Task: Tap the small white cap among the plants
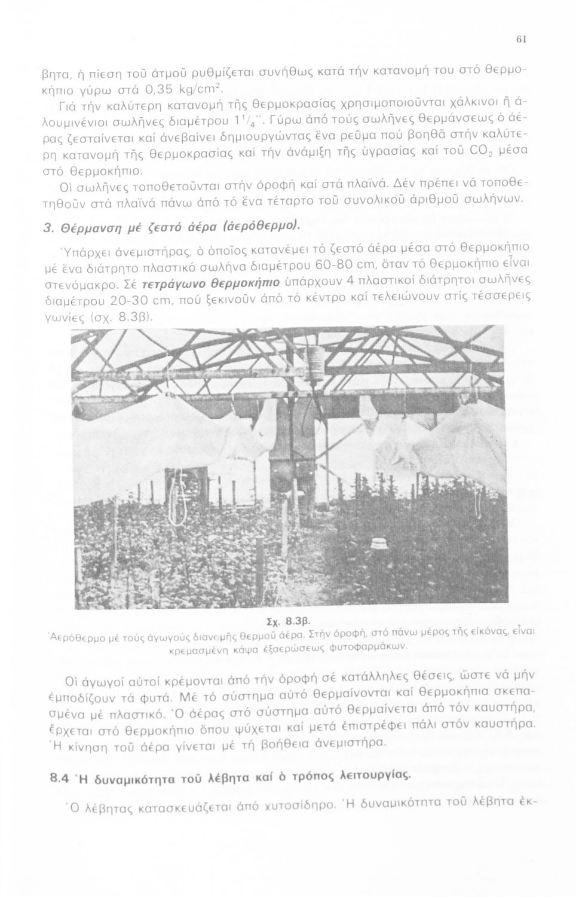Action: (x=376, y=545)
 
